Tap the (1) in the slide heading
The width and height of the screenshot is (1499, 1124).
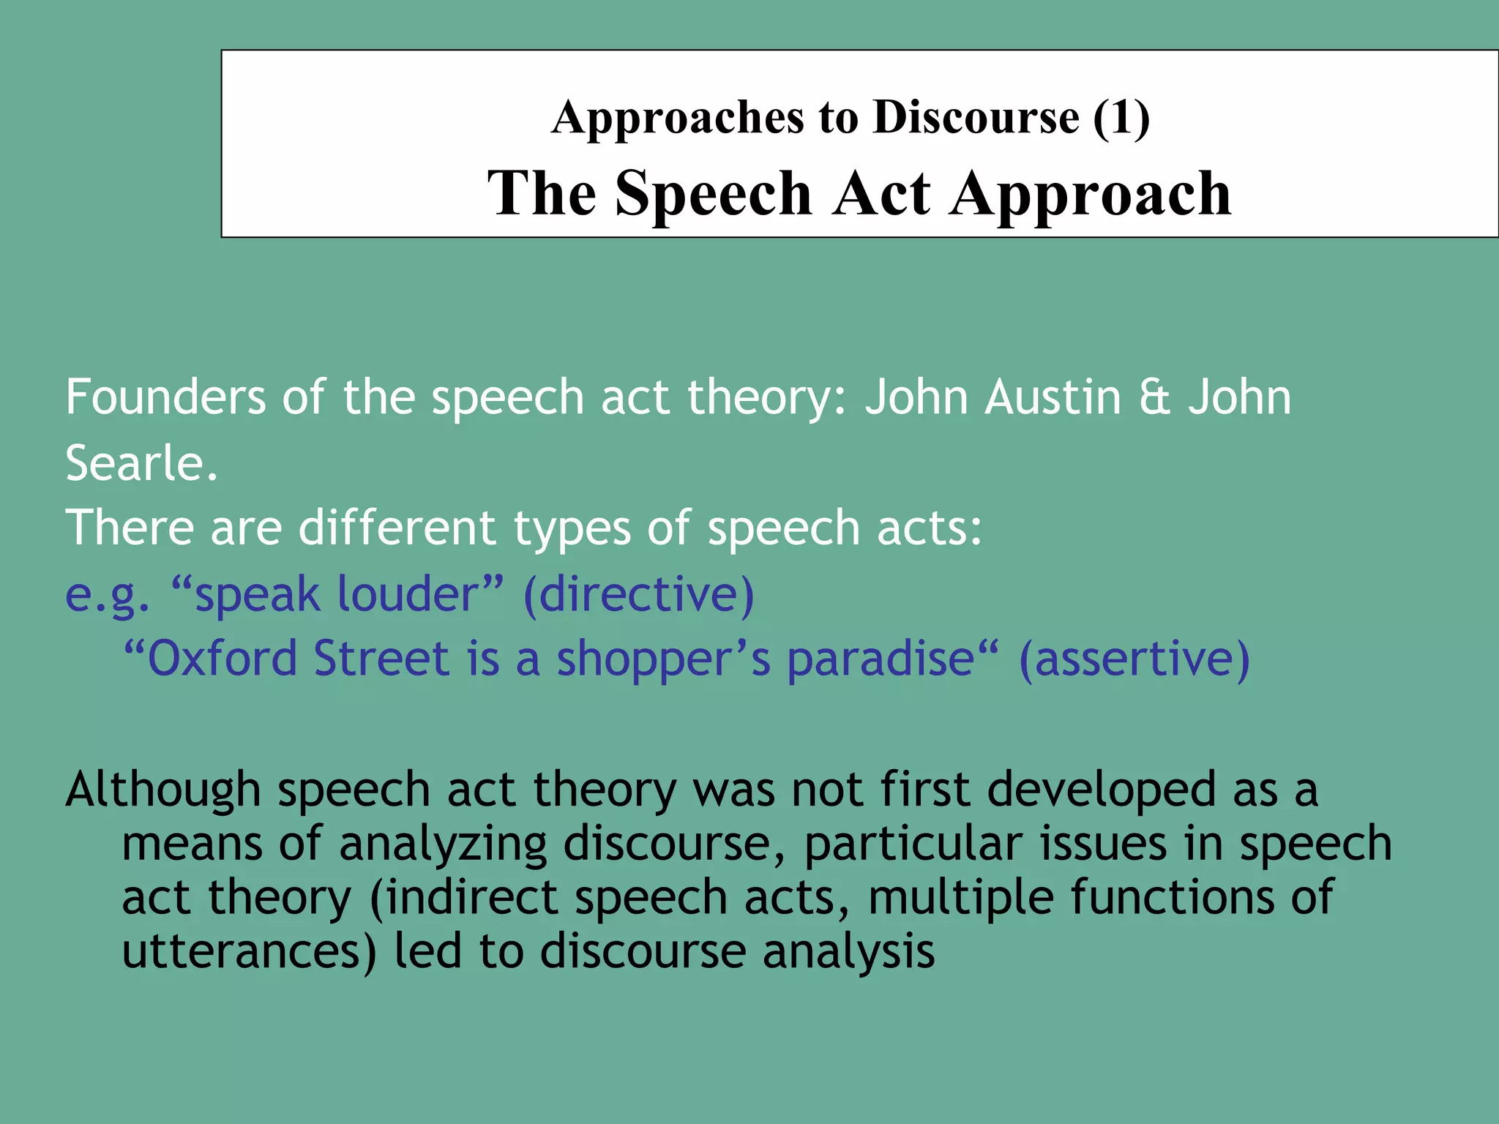1121,117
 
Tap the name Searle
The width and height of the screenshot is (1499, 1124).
141,464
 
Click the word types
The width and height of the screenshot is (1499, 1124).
572,529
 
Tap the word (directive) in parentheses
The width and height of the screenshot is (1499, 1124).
638,594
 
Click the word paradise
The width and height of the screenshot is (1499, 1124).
880,658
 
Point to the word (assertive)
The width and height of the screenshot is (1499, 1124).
1134,658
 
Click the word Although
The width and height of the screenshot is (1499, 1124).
163,790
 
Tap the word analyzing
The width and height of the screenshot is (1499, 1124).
443,844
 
